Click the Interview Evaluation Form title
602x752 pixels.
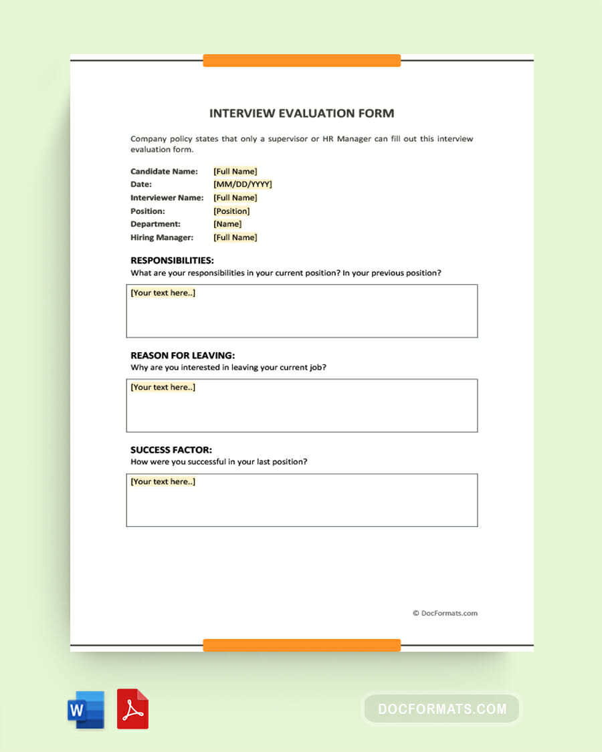coord(302,114)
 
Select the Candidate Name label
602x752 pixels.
coord(164,172)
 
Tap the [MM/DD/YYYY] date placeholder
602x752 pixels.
coord(243,184)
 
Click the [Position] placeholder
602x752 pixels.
coord(231,211)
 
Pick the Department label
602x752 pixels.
coord(155,225)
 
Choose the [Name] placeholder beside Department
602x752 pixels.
coord(227,225)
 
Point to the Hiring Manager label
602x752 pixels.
coord(162,238)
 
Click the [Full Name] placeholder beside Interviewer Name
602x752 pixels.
coord(235,198)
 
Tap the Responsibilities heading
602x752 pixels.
coord(172,261)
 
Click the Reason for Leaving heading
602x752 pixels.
coord(183,356)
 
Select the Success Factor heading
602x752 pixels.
coord(171,450)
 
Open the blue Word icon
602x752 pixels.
coord(86,709)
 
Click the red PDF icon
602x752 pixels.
coord(132,709)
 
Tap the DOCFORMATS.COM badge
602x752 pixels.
coord(441,709)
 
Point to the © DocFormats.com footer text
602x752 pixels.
coord(445,613)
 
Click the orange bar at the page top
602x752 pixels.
coord(302,61)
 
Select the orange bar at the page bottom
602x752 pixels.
coord(302,645)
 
